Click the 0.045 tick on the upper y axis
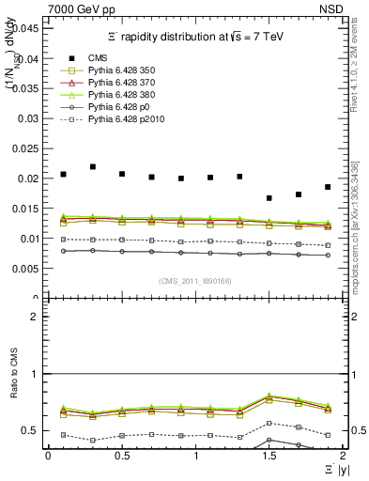click(29, 28)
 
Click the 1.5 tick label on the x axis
click(269, 455)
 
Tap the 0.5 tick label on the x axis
click(121, 455)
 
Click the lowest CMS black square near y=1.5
click(269, 198)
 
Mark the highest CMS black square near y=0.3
click(93, 166)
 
